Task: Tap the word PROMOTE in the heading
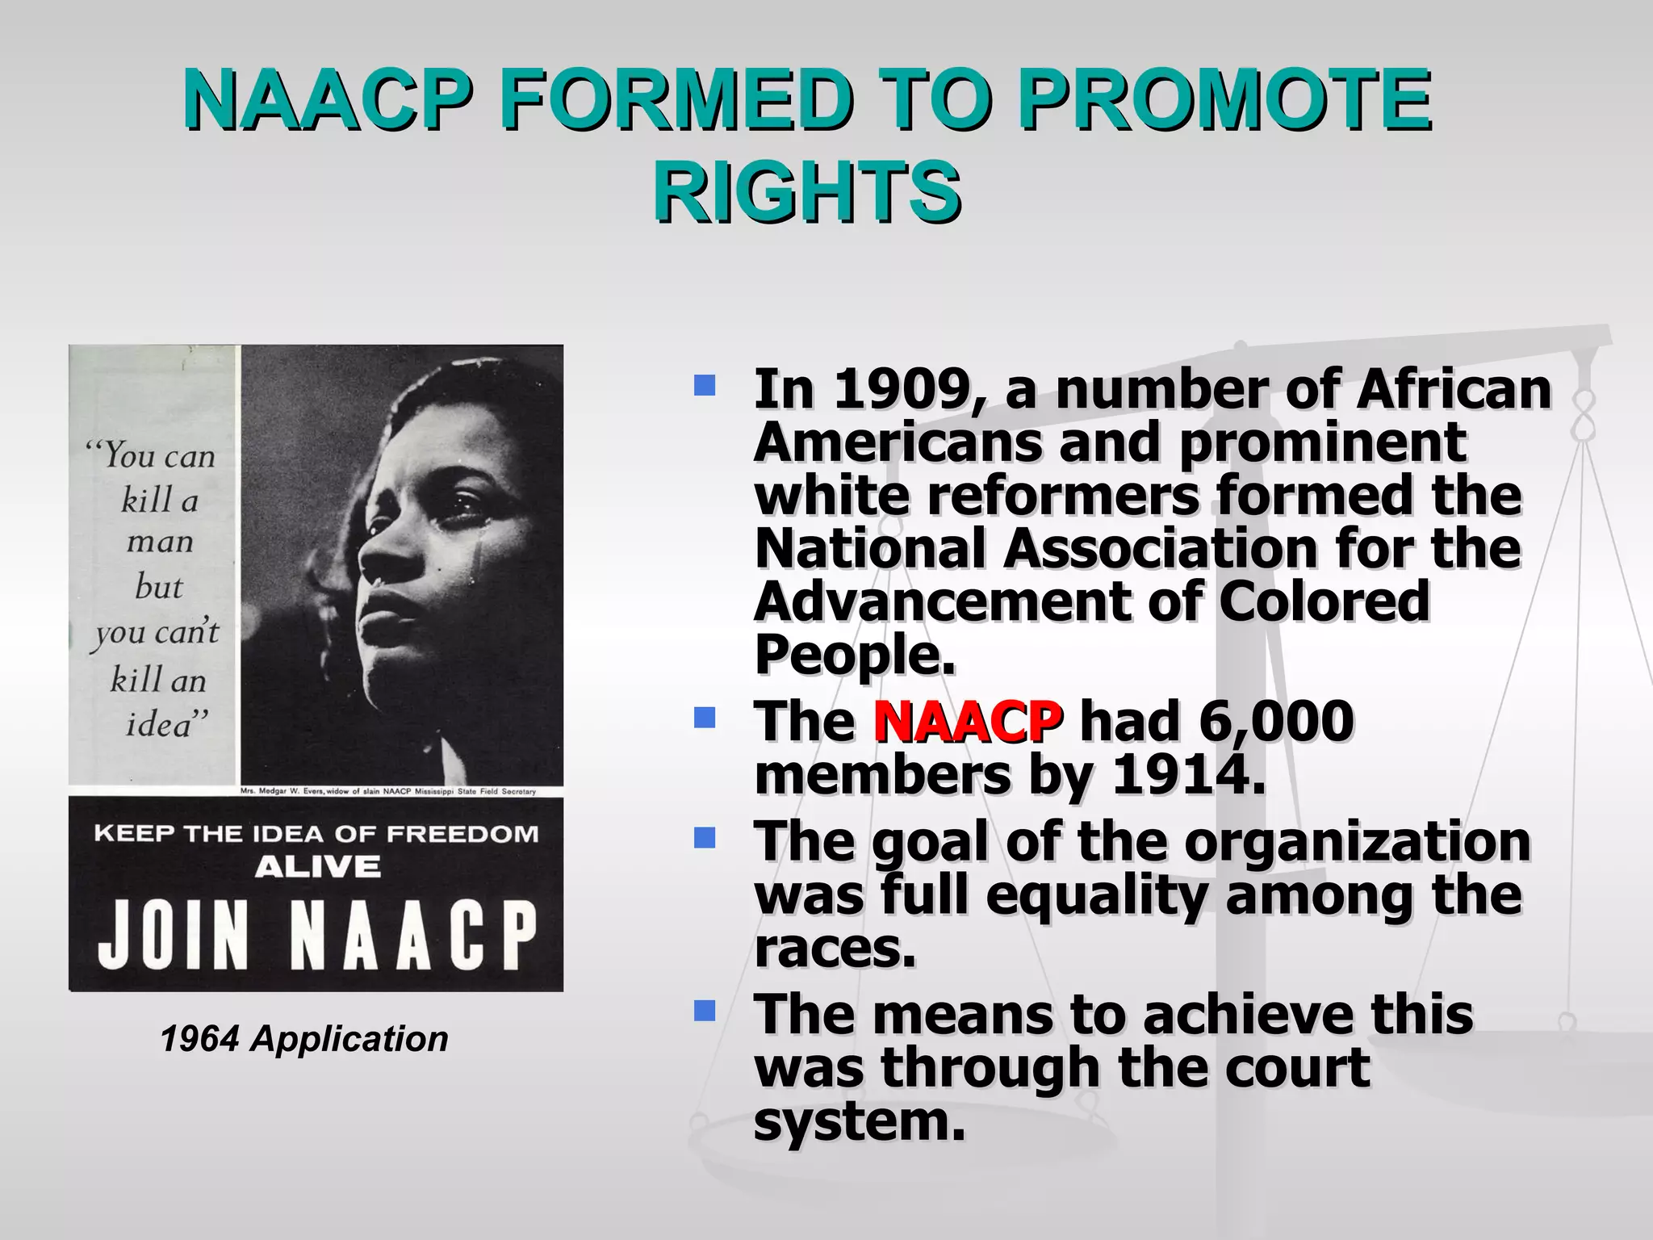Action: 1223,100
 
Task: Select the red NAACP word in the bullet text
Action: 967,721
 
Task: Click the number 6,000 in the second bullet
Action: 1276,721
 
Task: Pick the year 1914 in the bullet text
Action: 1187,775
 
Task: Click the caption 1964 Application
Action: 304,1039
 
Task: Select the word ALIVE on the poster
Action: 317,868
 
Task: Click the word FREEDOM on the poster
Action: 462,834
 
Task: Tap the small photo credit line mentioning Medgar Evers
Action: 388,791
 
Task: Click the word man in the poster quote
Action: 160,542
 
